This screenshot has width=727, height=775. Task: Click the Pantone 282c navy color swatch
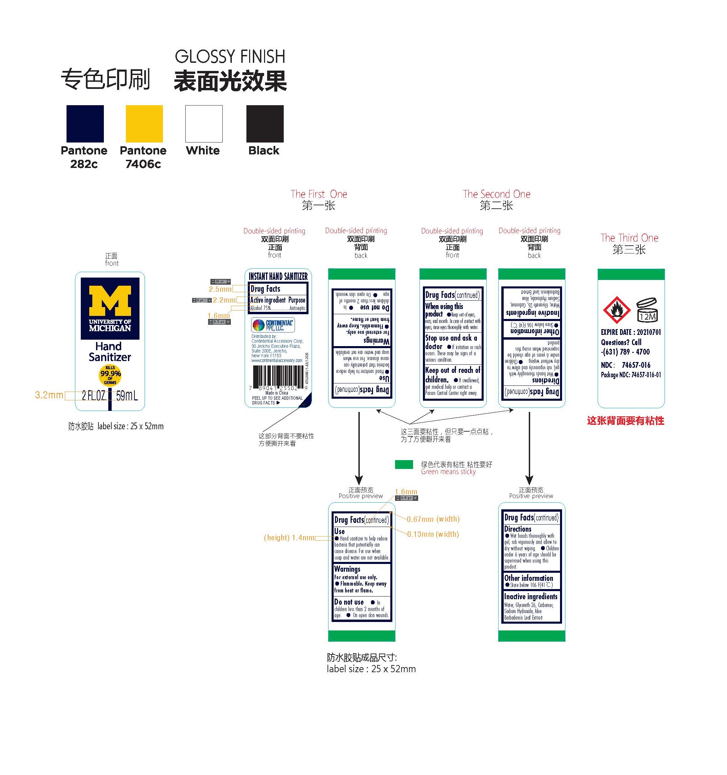(85, 124)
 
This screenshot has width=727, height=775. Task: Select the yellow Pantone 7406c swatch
(144, 124)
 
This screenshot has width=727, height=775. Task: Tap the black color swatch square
(265, 124)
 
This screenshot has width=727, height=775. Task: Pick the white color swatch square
(204, 124)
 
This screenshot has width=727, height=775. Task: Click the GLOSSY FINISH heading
(230, 57)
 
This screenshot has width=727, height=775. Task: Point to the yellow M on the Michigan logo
(110, 301)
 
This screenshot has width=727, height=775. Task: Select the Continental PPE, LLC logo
(273, 325)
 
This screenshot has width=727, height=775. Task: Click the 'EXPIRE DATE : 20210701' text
(631, 332)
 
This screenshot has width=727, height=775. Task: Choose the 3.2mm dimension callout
(49, 395)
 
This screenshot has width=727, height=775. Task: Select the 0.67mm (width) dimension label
(433, 519)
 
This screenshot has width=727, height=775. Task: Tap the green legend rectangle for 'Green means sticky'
(404, 464)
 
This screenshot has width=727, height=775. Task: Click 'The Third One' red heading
(629, 238)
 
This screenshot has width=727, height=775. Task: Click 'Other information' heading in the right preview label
(528, 578)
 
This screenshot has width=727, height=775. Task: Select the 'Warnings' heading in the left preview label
(347, 569)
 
